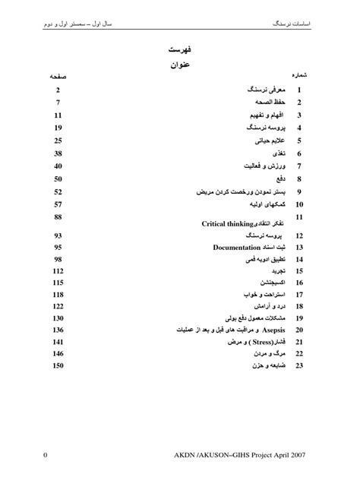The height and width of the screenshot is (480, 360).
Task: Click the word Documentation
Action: click(x=237, y=248)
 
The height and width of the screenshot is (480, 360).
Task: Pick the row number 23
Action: click(x=299, y=366)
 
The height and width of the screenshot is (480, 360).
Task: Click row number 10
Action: click(x=299, y=204)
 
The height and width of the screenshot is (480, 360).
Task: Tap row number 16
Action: click(x=299, y=283)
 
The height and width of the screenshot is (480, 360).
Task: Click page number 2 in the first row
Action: click(x=58, y=90)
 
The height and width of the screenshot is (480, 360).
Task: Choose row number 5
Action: click(x=300, y=141)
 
